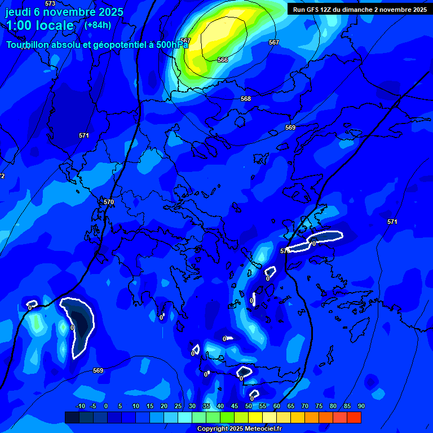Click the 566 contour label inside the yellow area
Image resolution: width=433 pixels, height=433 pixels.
[x=223, y=60]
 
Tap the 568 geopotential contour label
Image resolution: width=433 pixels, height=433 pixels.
[x=246, y=99]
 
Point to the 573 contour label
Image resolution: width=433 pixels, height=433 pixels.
[x=50, y=3]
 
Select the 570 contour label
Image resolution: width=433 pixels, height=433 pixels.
[x=109, y=202]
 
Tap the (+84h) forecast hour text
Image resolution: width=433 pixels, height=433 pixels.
[x=98, y=25]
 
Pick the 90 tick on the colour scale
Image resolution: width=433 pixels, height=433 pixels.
[x=361, y=407]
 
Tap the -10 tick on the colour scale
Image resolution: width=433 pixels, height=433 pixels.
[x=80, y=407]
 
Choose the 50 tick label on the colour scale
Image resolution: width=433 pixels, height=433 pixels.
[x=249, y=407]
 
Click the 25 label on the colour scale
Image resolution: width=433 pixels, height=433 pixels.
[x=178, y=407]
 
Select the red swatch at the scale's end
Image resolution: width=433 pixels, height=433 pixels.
[x=354, y=417]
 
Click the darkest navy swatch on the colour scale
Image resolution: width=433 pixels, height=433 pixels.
[x=72, y=417]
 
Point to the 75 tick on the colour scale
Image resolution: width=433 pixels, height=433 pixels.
[x=319, y=407]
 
